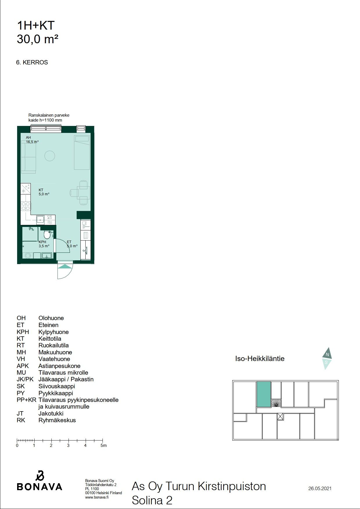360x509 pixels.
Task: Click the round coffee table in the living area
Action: [50, 156]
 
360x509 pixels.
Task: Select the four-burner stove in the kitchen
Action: [26, 206]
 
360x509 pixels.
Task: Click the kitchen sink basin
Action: [40, 220]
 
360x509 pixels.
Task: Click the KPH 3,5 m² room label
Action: [44, 244]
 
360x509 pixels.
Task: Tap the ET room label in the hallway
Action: [69, 242]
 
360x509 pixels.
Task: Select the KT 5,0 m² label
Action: [44, 192]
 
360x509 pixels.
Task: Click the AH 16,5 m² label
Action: [32, 140]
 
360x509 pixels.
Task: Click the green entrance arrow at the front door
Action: [65, 266]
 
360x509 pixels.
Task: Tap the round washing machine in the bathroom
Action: [28, 256]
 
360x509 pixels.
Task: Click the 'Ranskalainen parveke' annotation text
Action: [49, 115]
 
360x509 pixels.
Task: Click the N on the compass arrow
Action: [327, 354]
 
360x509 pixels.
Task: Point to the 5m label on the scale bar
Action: [104, 445]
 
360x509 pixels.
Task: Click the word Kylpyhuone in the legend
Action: [53, 332]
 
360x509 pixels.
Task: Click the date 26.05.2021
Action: [320, 488]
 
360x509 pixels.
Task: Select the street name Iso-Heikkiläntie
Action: [260, 358]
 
